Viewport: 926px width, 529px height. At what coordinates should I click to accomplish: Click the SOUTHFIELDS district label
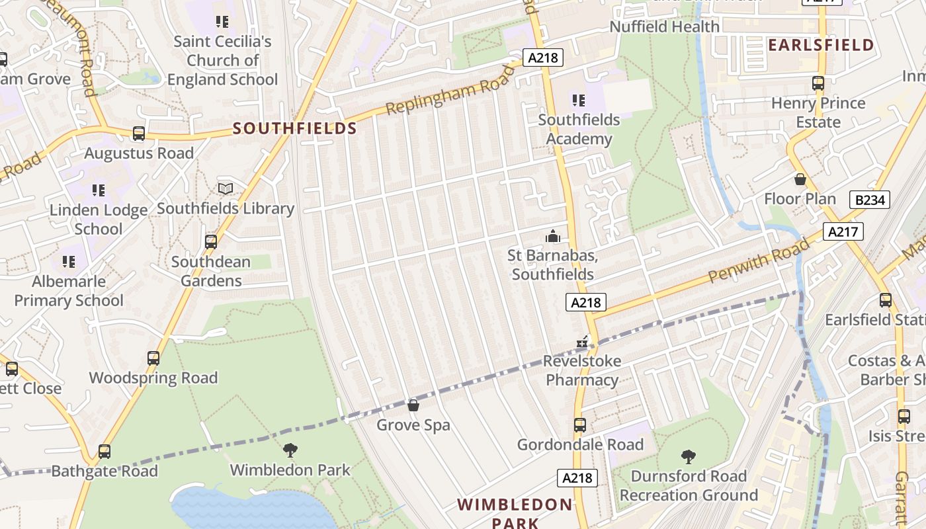point(294,128)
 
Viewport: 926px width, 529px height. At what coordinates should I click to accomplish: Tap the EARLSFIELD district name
point(821,45)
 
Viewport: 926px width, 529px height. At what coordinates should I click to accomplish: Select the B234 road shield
point(870,200)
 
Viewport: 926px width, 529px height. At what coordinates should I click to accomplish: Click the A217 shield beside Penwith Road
point(843,231)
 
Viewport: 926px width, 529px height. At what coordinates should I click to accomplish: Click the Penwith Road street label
point(759,261)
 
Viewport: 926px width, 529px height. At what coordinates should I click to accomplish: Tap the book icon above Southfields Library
point(226,189)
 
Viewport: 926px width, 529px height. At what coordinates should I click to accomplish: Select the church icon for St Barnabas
point(552,236)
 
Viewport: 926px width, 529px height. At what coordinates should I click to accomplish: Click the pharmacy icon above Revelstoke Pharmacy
point(582,342)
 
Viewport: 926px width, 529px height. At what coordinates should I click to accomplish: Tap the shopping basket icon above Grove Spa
point(413,405)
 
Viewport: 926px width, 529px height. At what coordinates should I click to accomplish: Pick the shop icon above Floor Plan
point(800,179)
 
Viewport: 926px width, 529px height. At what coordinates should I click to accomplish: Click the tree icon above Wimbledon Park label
point(290,450)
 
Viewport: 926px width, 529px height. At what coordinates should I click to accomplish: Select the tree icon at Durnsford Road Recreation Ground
point(689,456)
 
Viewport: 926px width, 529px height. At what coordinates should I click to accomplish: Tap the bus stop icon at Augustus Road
point(139,134)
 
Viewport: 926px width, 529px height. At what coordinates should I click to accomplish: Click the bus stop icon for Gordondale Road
point(580,425)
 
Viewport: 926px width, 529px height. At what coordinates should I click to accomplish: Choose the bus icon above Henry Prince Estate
point(818,83)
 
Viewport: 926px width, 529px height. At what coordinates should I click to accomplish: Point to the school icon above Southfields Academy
point(579,101)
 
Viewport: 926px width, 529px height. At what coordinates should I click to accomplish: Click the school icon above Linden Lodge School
point(99,190)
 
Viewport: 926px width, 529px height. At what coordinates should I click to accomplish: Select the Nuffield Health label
point(664,26)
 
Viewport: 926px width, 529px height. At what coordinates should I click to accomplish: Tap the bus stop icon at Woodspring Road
point(153,358)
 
